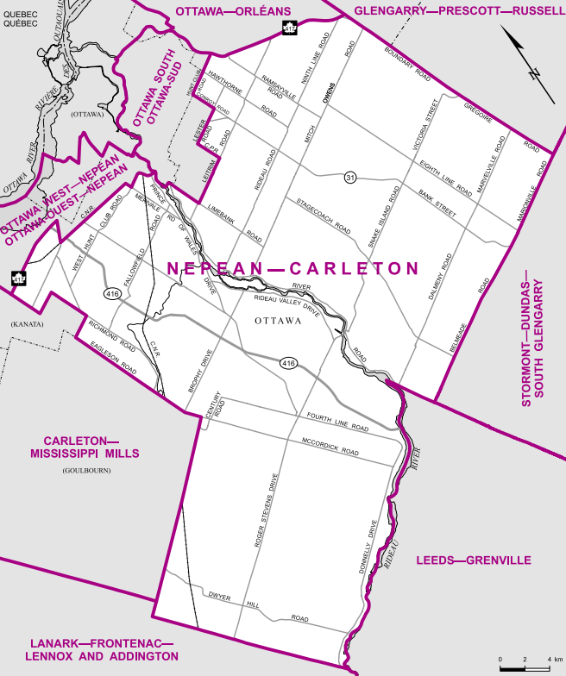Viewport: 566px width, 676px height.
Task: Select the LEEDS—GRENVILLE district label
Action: click(474, 560)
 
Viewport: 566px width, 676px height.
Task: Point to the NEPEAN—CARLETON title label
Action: click(291, 268)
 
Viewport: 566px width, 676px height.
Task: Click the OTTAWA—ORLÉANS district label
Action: click(234, 9)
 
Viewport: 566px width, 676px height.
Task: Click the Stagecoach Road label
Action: click(324, 217)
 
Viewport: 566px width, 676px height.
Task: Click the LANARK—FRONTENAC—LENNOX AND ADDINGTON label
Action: click(104, 650)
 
